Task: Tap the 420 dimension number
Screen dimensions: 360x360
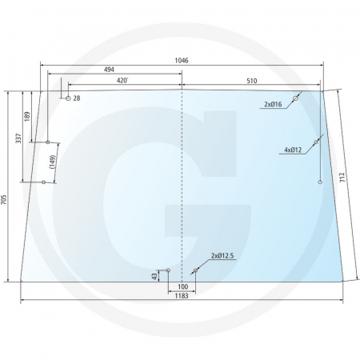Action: [x=122, y=81]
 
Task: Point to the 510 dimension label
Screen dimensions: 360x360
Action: [x=251, y=81]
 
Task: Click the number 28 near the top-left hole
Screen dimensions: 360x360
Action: [x=77, y=98]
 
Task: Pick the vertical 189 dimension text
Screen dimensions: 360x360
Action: [x=28, y=117]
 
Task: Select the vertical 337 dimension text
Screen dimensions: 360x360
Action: [x=18, y=138]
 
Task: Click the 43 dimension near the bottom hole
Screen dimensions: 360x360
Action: [x=154, y=275]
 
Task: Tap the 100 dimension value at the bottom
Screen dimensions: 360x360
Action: [x=182, y=286]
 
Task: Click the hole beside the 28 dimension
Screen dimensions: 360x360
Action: [x=68, y=98]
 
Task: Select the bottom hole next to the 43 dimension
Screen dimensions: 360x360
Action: [x=169, y=270]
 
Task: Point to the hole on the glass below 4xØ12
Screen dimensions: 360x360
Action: [x=320, y=182]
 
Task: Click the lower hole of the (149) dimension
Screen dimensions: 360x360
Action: [x=43, y=182]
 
